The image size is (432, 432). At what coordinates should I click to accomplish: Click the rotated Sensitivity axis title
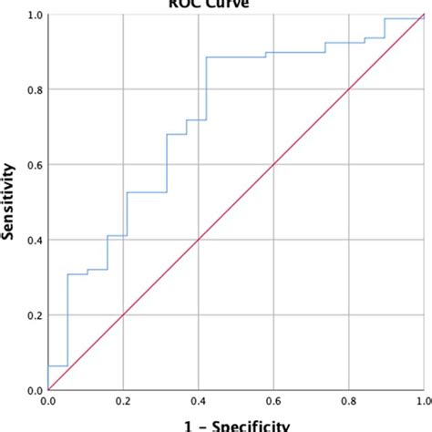11,202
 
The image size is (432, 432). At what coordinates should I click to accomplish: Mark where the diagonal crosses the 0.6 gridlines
273,165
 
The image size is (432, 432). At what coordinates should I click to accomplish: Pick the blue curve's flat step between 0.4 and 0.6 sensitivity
146,192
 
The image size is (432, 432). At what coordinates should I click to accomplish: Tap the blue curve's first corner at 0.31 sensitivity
67,274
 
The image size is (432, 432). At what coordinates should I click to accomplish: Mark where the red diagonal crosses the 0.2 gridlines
123,315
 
